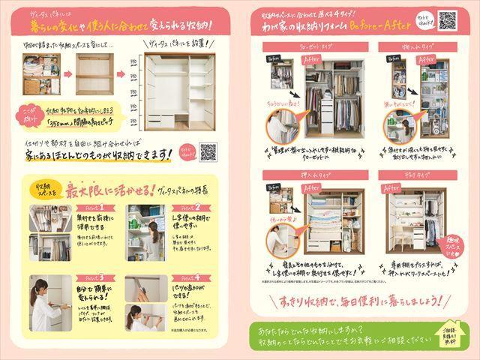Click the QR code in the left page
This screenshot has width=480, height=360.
click(208, 151)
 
